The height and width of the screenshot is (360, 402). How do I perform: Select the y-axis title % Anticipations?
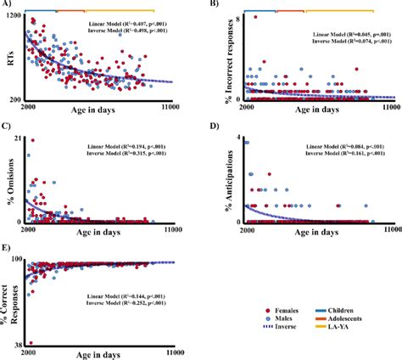215,180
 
